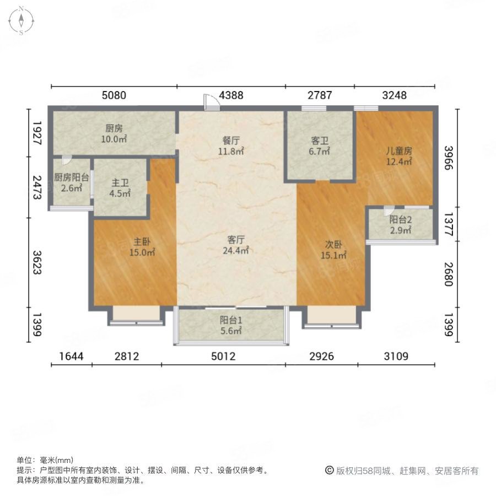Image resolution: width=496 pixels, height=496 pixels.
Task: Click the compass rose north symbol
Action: (x=21, y=20)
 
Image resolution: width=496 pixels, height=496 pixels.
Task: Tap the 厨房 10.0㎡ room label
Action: (x=114, y=133)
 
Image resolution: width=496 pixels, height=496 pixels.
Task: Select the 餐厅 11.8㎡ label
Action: (x=231, y=145)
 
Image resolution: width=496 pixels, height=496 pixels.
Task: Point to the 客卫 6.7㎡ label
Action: (x=320, y=146)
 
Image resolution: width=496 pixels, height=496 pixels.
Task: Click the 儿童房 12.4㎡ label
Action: (x=399, y=156)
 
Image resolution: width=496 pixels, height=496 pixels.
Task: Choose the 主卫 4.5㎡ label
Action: (x=120, y=188)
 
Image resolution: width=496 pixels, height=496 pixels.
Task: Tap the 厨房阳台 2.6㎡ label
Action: (x=72, y=182)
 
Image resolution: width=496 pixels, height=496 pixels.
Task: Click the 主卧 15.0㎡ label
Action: (x=142, y=247)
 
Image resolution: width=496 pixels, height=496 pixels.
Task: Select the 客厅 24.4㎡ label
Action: (x=236, y=245)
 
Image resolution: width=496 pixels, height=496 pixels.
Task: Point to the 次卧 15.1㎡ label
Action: (x=333, y=250)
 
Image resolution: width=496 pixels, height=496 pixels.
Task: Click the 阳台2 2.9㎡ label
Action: (x=401, y=225)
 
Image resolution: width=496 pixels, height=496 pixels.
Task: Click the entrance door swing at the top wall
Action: (x=211, y=102)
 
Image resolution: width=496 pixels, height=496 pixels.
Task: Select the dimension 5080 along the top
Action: (x=114, y=95)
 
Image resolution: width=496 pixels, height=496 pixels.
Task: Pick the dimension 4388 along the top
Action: (x=231, y=95)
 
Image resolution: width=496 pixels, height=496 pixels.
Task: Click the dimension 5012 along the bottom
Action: (x=223, y=357)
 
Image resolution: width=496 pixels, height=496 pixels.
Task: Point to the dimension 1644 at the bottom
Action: (x=72, y=357)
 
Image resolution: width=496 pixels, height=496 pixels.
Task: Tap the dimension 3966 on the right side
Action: (x=449, y=158)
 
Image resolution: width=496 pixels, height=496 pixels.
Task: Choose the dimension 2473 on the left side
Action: (x=37, y=187)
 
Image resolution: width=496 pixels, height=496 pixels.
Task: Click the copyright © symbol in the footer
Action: (x=330, y=471)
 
